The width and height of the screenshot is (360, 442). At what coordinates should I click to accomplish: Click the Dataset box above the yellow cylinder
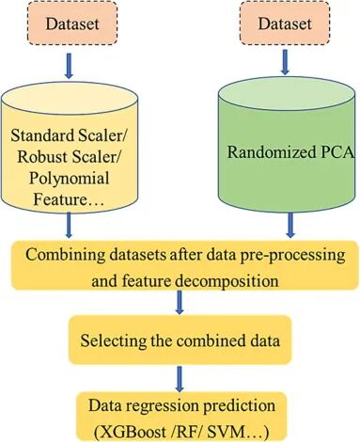coord(72,23)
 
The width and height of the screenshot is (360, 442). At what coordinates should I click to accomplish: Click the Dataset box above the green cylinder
coord(285,23)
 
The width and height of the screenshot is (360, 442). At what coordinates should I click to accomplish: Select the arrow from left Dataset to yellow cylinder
coord(69,66)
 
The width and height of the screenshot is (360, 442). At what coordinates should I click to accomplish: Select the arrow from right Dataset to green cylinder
coord(285,62)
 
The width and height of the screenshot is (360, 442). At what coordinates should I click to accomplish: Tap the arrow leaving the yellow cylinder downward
coord(69,225)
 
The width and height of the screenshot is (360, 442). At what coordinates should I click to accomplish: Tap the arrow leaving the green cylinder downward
coord(290,225)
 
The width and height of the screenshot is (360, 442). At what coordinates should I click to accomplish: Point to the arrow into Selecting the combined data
coord(180,302)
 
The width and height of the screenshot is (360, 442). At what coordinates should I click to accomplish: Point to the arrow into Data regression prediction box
coord(180,379)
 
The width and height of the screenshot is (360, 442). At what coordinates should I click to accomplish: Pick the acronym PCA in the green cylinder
coord(337,152)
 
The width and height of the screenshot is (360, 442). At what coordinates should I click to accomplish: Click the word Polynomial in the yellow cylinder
coord(70,179)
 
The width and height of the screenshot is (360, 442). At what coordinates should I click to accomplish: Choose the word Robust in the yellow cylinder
coord(43,156)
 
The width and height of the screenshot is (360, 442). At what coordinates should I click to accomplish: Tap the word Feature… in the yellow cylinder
coord(69,198)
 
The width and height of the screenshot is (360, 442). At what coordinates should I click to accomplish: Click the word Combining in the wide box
coord(65,255)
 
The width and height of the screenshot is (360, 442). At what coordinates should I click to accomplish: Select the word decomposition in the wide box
coord(227,281)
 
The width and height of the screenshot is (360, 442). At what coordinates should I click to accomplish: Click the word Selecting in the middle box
coord(114,340)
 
